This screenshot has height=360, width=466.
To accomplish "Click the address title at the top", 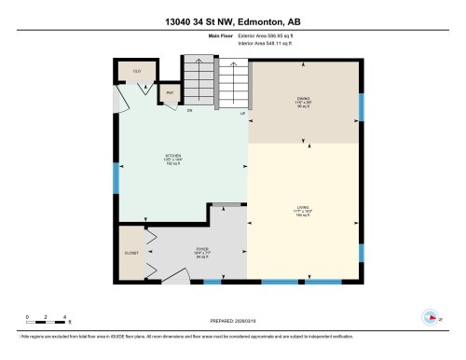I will click(232, 21).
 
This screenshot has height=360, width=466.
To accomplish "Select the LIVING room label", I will click(304, 211).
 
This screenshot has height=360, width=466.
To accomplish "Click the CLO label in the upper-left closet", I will click(136, 71).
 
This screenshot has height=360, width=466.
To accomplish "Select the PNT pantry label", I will click(171, 93).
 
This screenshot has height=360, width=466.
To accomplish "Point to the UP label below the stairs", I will click(242, 112).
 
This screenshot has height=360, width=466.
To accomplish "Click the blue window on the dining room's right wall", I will click(361, 104).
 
